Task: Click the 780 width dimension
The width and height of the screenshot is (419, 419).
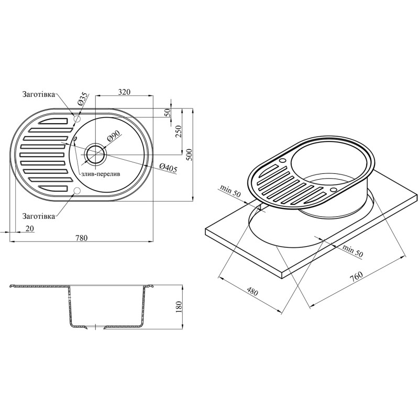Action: (x=81, y=238)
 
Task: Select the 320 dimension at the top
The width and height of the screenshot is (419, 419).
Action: (x=124, y=92)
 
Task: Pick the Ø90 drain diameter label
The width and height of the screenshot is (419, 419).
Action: (x=114, y=138)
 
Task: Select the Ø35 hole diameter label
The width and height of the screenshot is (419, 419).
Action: (x=82, y=100)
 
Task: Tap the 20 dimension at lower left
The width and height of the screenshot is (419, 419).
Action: (x=29, y=228)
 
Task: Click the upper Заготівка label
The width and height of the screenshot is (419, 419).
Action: (x=38, y=95)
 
